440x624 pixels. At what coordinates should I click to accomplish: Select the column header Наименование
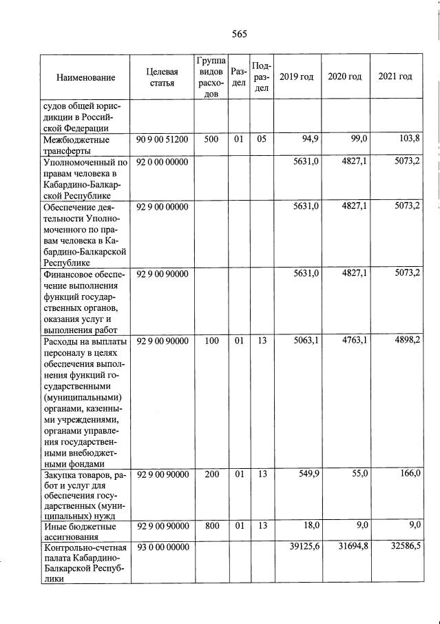85,78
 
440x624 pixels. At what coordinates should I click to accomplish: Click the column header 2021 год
395,76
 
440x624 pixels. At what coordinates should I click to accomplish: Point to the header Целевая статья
163,77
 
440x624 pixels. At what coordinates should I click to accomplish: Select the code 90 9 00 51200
163,140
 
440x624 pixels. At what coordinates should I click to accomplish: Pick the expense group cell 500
211,140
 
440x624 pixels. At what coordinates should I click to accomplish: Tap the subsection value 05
261,140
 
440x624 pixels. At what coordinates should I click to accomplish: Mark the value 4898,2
406,339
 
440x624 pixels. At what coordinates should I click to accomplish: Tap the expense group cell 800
211,526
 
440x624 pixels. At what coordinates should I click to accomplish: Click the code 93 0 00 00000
163,547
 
